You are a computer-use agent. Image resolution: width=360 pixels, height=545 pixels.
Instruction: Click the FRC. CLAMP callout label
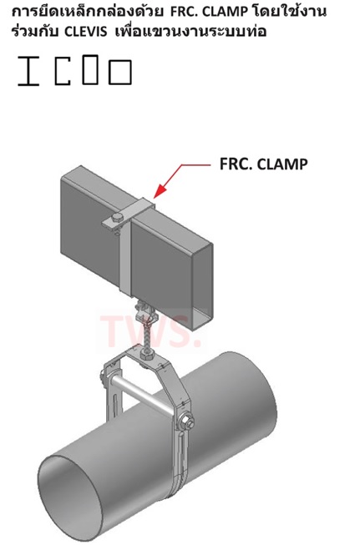click(263, 164)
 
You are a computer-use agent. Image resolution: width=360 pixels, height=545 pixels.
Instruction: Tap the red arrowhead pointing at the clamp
click(159, 191)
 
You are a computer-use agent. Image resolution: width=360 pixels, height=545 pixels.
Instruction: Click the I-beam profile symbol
click(28, 71)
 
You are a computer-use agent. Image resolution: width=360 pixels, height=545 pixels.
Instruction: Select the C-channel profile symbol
click(63, 71)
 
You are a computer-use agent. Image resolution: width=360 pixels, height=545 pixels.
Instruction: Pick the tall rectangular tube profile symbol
click(90, 69)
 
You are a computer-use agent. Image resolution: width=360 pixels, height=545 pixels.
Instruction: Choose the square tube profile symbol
click(120, 72)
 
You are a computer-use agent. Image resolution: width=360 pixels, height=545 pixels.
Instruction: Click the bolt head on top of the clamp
click(117, 219)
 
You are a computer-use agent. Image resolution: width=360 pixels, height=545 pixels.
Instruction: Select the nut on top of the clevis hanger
click(145, 355)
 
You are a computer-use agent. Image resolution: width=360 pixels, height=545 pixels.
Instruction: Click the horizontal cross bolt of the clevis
click(144, 393)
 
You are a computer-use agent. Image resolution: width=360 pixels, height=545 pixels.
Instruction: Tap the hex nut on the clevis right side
click(186, 422)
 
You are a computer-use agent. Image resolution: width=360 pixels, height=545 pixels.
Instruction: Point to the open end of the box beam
click(202, 286)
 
